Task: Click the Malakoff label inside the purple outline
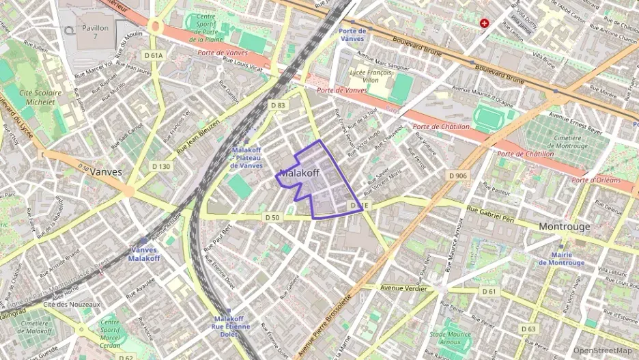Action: (300, 174)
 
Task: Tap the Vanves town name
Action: (106, 172)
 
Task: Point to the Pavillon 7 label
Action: (95, 33)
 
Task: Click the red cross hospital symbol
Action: (485, 23)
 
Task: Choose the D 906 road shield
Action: (458, 176)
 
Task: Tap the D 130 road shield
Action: (161, 166)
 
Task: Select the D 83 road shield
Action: (277, 105)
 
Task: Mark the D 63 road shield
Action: (528, 329)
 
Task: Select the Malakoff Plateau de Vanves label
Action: (246, 158)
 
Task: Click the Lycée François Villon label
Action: (370, 74)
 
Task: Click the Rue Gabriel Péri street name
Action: (490, 212)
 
